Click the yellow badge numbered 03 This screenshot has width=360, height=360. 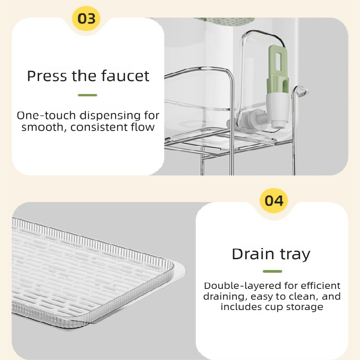tap(87, 19)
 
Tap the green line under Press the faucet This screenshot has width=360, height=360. tap(87, 95)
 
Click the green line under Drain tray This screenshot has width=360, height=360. tap(272, 271)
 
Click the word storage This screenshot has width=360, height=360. tap(306, 307)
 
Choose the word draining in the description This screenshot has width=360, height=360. tap(224, 297)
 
